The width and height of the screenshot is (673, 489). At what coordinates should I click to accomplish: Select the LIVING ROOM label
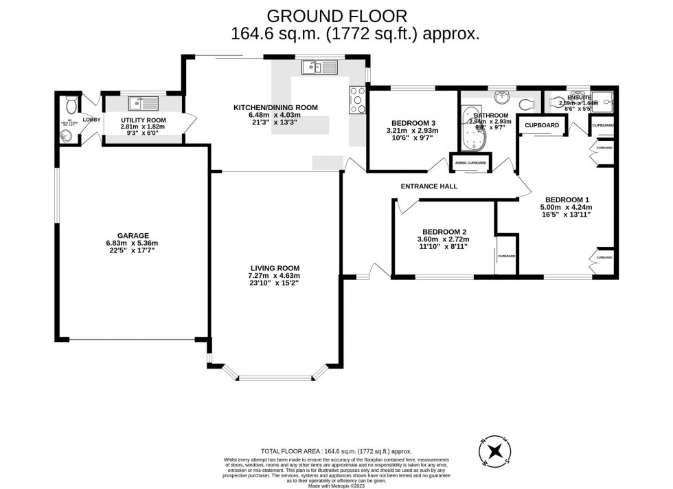(x=275, y=268)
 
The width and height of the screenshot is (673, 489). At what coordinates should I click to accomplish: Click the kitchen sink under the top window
(x=318, y=67)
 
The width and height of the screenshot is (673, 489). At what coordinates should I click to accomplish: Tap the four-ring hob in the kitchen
(x=358, y=100)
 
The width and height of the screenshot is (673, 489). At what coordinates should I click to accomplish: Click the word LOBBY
(x=91, y=119)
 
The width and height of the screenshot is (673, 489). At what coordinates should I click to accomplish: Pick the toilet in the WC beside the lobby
(x=69, y=105)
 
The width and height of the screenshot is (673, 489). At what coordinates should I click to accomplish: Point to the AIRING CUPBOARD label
(x=470, y=163)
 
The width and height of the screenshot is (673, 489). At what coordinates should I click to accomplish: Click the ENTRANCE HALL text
(x=429, y=186)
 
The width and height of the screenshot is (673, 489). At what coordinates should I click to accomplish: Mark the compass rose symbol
(x=495, y=450)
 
